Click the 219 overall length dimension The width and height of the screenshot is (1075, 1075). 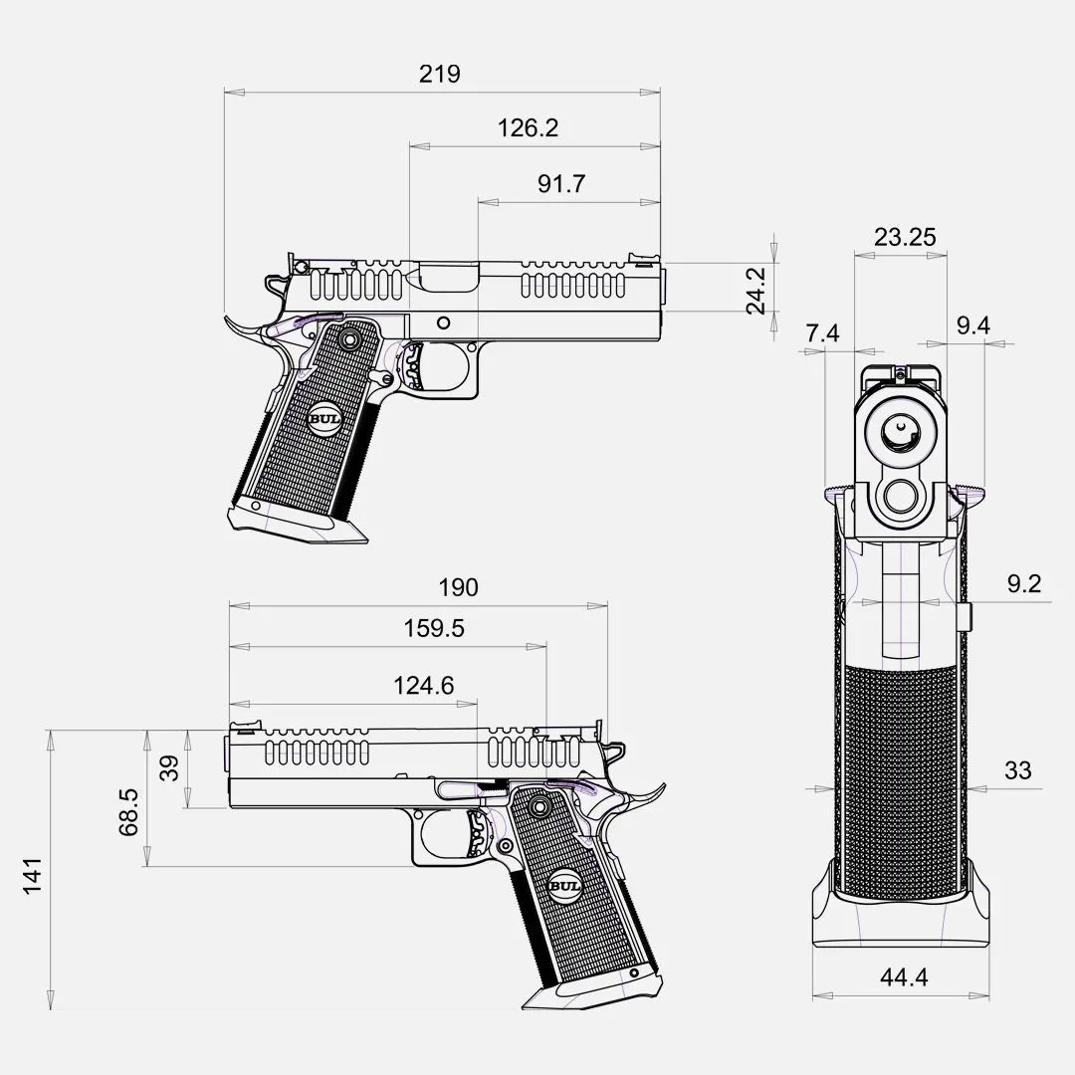tap(440, 74)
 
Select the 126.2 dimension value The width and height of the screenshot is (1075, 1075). tap(528, 127)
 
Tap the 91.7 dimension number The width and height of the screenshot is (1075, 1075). tap(561, 184)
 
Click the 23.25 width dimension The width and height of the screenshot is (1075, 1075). tap(904, 237)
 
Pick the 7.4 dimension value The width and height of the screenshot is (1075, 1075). tap(822, 333)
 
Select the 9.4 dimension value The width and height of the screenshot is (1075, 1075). tap(972, 325)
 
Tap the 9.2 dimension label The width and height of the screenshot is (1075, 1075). tap(1023, 584)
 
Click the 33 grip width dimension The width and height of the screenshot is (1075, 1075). tap(1018, 770)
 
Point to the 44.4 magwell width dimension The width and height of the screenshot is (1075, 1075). tap(904, 977)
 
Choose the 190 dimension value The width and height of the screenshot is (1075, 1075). tap(458, 587)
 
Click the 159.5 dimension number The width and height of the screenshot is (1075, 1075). tap(434, 629)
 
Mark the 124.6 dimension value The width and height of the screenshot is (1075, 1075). tap(424, 686)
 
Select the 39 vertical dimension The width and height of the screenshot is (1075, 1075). tap(169, 768)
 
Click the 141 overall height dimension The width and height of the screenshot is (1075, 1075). tap(33, 875)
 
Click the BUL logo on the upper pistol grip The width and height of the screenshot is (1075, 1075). tap(324, 419)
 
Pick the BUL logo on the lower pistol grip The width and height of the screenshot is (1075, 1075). tap(564, 886)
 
